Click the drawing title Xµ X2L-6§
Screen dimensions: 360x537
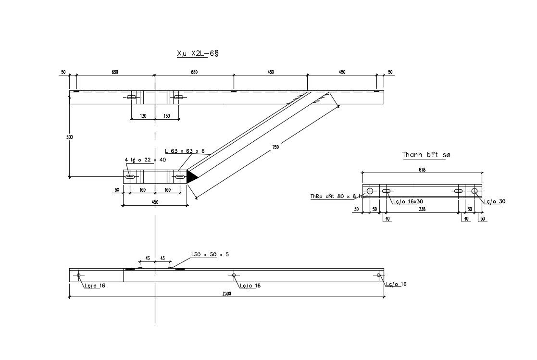coord(198,54)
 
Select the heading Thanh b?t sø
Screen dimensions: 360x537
coord(426,155)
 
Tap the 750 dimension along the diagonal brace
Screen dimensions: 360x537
coord(275,148)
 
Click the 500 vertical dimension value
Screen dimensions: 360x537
coord(70,137)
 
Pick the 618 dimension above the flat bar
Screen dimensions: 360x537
coord(422,169)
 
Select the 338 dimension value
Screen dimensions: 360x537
coord(422,210)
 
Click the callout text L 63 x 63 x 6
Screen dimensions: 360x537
coord(185,151)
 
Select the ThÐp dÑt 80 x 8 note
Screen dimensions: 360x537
coord(339,196)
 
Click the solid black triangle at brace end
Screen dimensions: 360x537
coord(191,177)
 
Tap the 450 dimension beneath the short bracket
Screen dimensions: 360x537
coord(155,202)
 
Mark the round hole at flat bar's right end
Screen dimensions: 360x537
coord(475,191)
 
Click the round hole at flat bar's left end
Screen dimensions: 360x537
coord(370,191)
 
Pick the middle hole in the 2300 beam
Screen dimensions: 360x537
coord(234,275)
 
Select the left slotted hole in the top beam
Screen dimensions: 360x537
coord(131,97)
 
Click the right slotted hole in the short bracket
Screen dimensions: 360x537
coord(180,177)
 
